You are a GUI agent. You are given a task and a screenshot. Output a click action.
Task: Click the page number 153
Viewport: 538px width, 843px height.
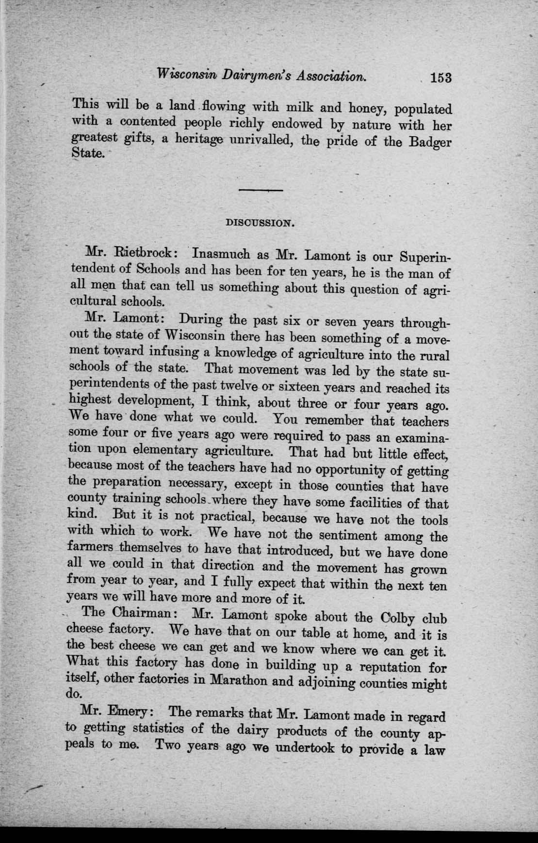(x=440, y=78)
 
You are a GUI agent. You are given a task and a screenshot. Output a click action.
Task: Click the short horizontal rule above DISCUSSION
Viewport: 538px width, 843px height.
(x=261, y=190)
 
